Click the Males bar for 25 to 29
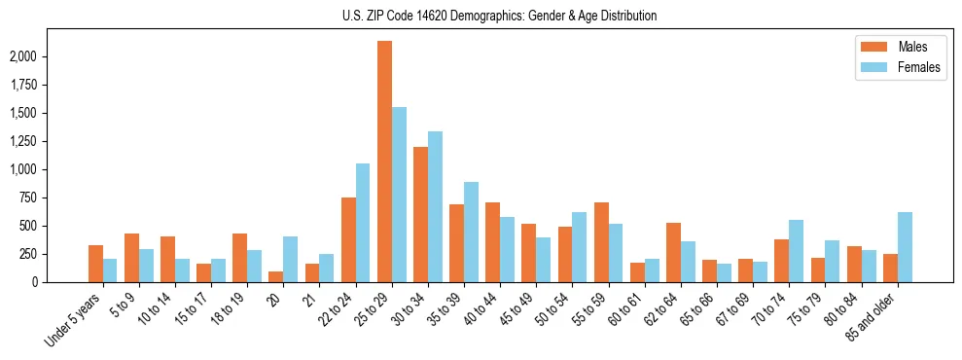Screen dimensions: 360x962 tap(384, 162)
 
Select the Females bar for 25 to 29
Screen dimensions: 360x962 tap(399, 195)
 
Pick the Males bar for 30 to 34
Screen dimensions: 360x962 tap(420, 214)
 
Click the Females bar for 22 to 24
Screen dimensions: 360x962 tap(363, 223)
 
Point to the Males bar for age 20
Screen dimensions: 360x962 tap(276, 276)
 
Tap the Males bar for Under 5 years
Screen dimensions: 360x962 tap(95, 264)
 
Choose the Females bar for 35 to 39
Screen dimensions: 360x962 tap(471, 232)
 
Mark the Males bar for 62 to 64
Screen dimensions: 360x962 tap(673, 252)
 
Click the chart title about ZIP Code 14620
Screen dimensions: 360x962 tap(499, 16)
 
